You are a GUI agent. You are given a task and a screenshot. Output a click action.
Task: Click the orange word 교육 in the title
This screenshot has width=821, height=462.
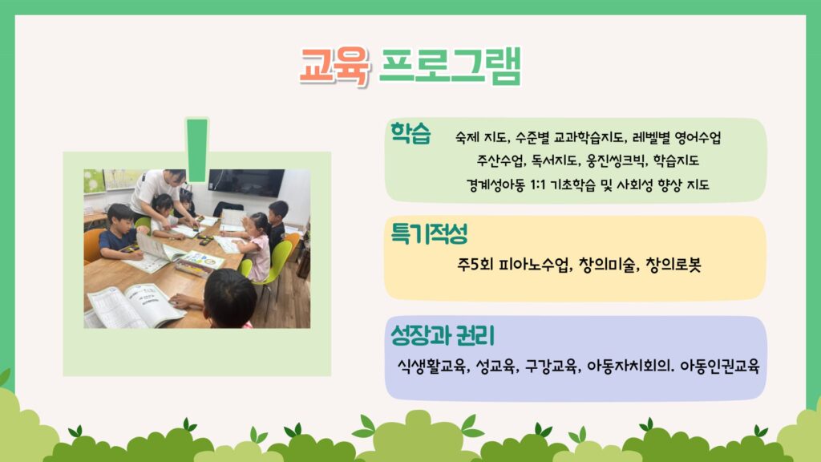(x=335, y=66)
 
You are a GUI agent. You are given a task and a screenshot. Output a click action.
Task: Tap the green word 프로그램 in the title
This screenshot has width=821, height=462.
(x=450, y=66)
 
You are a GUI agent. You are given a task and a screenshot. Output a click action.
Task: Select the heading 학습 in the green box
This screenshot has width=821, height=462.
(x=410, y=133)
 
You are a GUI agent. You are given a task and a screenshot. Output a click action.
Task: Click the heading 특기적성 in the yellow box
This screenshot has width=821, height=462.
(x=429, y=233)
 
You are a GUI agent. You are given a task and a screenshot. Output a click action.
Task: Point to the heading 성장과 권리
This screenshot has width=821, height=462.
(x=443, y=335)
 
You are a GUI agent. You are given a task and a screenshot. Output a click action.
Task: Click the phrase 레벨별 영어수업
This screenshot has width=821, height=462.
(x=677, y=138)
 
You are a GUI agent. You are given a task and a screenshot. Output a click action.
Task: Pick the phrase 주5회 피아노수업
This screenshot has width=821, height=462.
(x=514, y=265)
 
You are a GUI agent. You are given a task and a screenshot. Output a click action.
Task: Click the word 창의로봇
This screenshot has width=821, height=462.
(x=673, y=265)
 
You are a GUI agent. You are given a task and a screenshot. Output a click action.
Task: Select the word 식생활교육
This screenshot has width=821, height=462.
(x=432, y=366)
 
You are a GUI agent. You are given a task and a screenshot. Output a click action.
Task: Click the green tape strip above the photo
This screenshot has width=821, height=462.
(x=197, y=150)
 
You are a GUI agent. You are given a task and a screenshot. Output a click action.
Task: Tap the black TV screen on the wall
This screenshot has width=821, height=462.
(x=246, y=182)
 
